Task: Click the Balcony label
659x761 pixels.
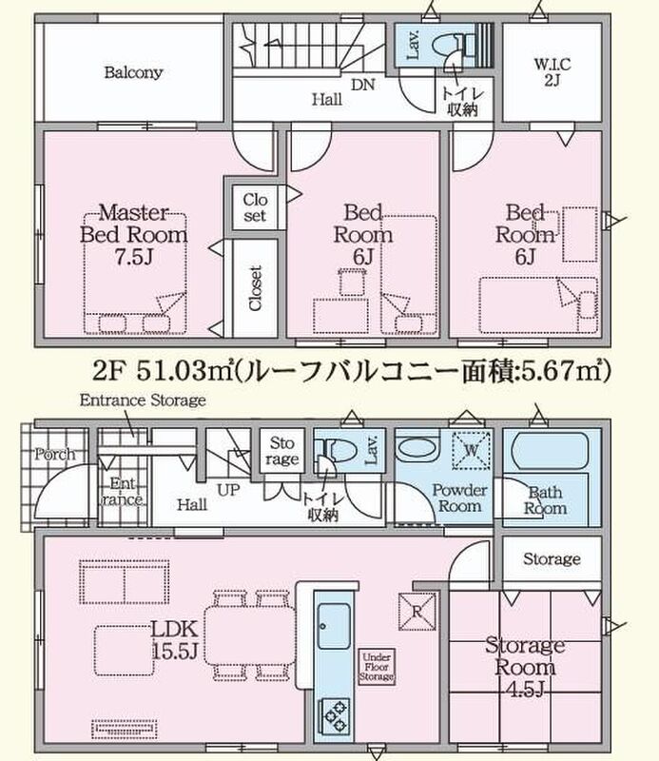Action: coord(133,73)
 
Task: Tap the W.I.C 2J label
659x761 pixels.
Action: coord(552,72)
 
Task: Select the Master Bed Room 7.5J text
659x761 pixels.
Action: coord(133,235)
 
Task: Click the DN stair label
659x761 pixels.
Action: coord(363,85)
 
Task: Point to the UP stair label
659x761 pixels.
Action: coord(228,490)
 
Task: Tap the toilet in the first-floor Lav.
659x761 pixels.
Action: coord(335,449)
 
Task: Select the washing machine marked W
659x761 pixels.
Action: coord(471,450)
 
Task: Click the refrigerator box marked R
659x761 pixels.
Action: coord(417,612)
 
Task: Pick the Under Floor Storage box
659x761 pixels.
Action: coord(377,667)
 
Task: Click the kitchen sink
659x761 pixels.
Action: coord(334,626)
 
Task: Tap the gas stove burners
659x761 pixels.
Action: coord(334,716)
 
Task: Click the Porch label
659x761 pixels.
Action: coord(55,455)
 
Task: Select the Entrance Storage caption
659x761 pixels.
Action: coord(143,400)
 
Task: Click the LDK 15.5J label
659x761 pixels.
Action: coord(175,640)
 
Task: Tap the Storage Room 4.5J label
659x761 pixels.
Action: coord(525,667)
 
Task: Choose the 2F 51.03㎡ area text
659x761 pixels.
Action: coord(163,372)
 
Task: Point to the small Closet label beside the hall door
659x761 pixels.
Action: coord(255,207)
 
